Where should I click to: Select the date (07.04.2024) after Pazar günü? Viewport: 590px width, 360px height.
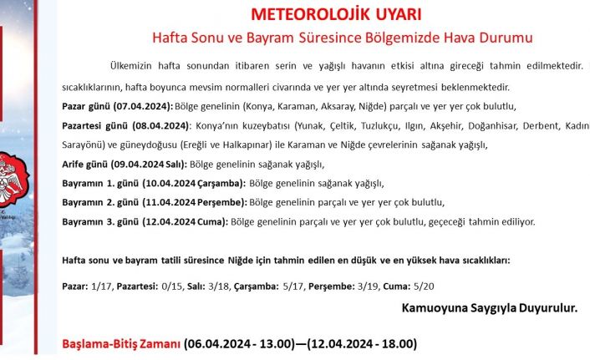143,106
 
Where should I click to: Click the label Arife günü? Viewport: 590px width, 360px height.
84,164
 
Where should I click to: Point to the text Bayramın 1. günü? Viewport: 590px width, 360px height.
93,183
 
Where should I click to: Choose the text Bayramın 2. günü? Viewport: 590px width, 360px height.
93,202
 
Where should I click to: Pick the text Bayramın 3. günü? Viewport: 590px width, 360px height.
93,221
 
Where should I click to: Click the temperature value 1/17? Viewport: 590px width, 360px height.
99,286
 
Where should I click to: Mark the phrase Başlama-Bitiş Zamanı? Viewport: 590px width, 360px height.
121,343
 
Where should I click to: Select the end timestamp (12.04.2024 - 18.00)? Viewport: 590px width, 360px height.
361,343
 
